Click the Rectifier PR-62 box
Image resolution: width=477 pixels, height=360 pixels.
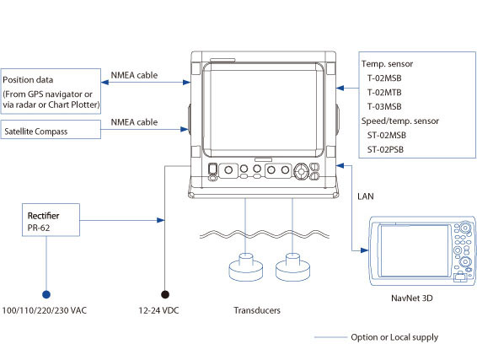pos(51,220)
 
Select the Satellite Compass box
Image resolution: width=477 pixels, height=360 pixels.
pos(51,130)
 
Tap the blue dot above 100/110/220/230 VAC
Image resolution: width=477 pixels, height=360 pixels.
pos(46,294)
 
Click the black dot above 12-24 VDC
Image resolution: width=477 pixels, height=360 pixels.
pos(165,294)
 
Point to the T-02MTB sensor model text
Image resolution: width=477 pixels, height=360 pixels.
pos(384,92)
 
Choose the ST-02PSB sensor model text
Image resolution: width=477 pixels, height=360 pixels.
pos(385,149)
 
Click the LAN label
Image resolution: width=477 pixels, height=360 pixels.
pos(366,196)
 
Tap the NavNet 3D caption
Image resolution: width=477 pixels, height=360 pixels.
pos(412,298)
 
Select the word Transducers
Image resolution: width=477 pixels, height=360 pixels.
pos(257,310)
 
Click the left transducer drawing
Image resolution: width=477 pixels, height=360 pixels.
pos(246,268)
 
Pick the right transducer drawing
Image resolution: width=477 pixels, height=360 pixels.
pos(292,268)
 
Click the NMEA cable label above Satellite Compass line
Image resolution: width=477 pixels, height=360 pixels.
pos(134,122)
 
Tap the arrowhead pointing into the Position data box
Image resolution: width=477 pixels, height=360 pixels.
pos(105,82)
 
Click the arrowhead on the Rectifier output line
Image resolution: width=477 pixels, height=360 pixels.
pos(161,220)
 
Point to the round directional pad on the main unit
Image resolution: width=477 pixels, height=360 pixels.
pos(301,171)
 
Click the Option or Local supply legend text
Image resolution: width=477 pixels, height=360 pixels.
pos(394,337)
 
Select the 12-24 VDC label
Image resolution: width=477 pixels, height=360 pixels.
pos(158,310)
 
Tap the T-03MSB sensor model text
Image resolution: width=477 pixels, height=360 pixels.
pos(384,106)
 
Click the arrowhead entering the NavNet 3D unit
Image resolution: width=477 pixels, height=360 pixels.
pos(364,250)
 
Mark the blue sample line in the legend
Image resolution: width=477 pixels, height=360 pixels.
pos(330,337)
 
